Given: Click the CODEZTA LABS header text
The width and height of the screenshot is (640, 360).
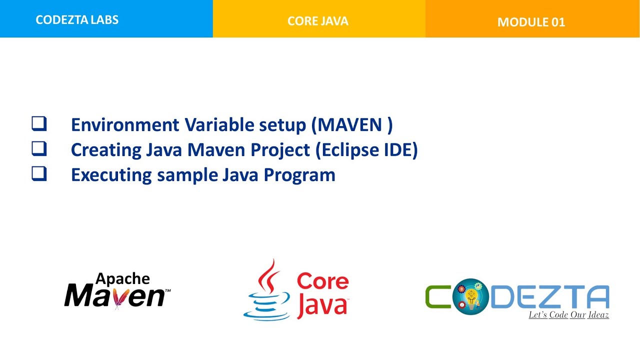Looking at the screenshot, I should coord(77,20).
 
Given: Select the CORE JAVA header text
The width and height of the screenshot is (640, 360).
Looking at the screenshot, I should coord(318,21).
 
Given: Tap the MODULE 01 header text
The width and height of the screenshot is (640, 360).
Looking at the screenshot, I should coord(531,22).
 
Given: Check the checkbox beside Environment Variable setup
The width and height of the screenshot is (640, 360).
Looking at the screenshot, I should coord(39,123).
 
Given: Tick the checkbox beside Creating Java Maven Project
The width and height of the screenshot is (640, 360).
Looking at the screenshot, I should coord(39,149).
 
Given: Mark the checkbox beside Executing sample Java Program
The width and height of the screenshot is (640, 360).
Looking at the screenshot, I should coord(39,174).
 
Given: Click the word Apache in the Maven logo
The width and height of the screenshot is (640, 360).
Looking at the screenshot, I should coord(122,278).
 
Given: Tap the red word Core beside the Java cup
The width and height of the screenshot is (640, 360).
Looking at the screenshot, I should coord(322,281).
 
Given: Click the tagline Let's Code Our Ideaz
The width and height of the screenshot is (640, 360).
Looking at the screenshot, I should coord(568,315).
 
